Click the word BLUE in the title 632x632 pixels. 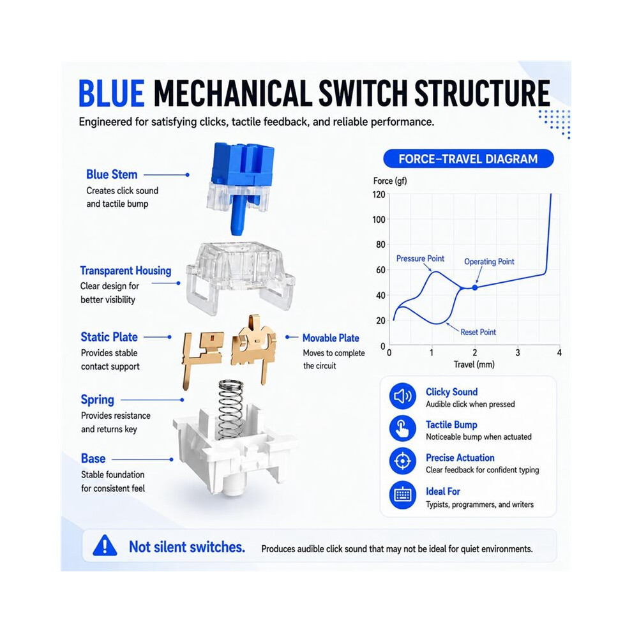[112, 93]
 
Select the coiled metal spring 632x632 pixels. [230, 409]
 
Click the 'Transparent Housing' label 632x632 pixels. [125, 271]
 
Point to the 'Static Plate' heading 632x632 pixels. [109, 337]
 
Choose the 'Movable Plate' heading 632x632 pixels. [331, 338]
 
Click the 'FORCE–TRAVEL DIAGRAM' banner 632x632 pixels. [469, 159]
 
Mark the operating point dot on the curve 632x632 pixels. [475, 287]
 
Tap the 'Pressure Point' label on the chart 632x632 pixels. [420, 259]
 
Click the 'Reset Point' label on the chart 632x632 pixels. [478, 332]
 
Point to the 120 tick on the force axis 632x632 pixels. [379, 195]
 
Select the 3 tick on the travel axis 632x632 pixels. [518, 352]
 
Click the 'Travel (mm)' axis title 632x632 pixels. [474, 365]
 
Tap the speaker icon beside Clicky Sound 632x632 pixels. [402, 396]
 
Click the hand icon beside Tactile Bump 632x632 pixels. [402, 428]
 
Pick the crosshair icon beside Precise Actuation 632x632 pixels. [402, 461]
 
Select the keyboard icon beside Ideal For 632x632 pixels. [402, 495]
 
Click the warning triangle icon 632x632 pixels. [105, 546]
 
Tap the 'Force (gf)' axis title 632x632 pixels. [390, 181]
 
